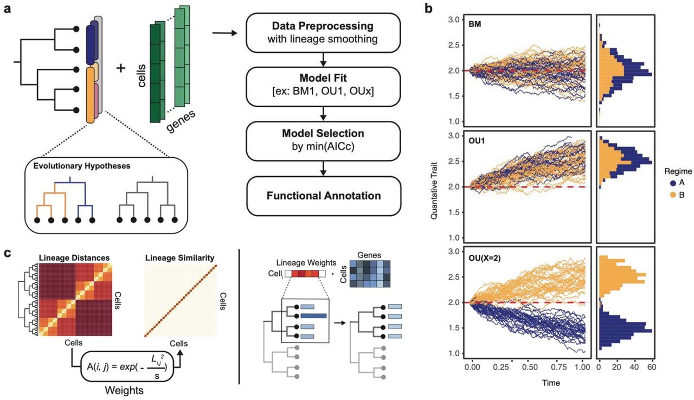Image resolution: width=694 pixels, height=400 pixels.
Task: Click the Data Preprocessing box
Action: pyautogui.click(x=324, y=34)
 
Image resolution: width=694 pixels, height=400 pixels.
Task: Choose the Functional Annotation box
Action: pyautogui.click(x=324, y=195)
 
